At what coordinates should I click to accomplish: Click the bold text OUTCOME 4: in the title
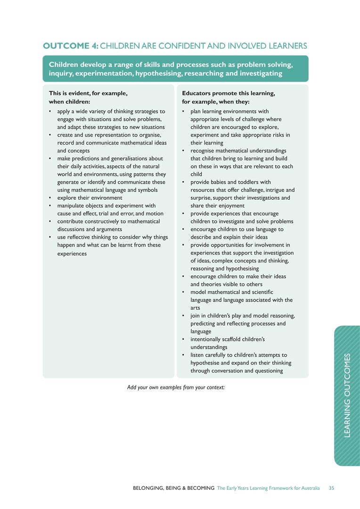point(70,46)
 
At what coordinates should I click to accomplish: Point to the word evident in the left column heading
point(78,93)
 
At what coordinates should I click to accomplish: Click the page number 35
point(331,488)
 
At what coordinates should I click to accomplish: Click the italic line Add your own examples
point(176,387)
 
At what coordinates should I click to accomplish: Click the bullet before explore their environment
point(50,198)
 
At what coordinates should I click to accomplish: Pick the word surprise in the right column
point(200,198)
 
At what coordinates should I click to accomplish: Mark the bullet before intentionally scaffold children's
point(183,339)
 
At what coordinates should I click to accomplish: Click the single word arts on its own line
point(196,308)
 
